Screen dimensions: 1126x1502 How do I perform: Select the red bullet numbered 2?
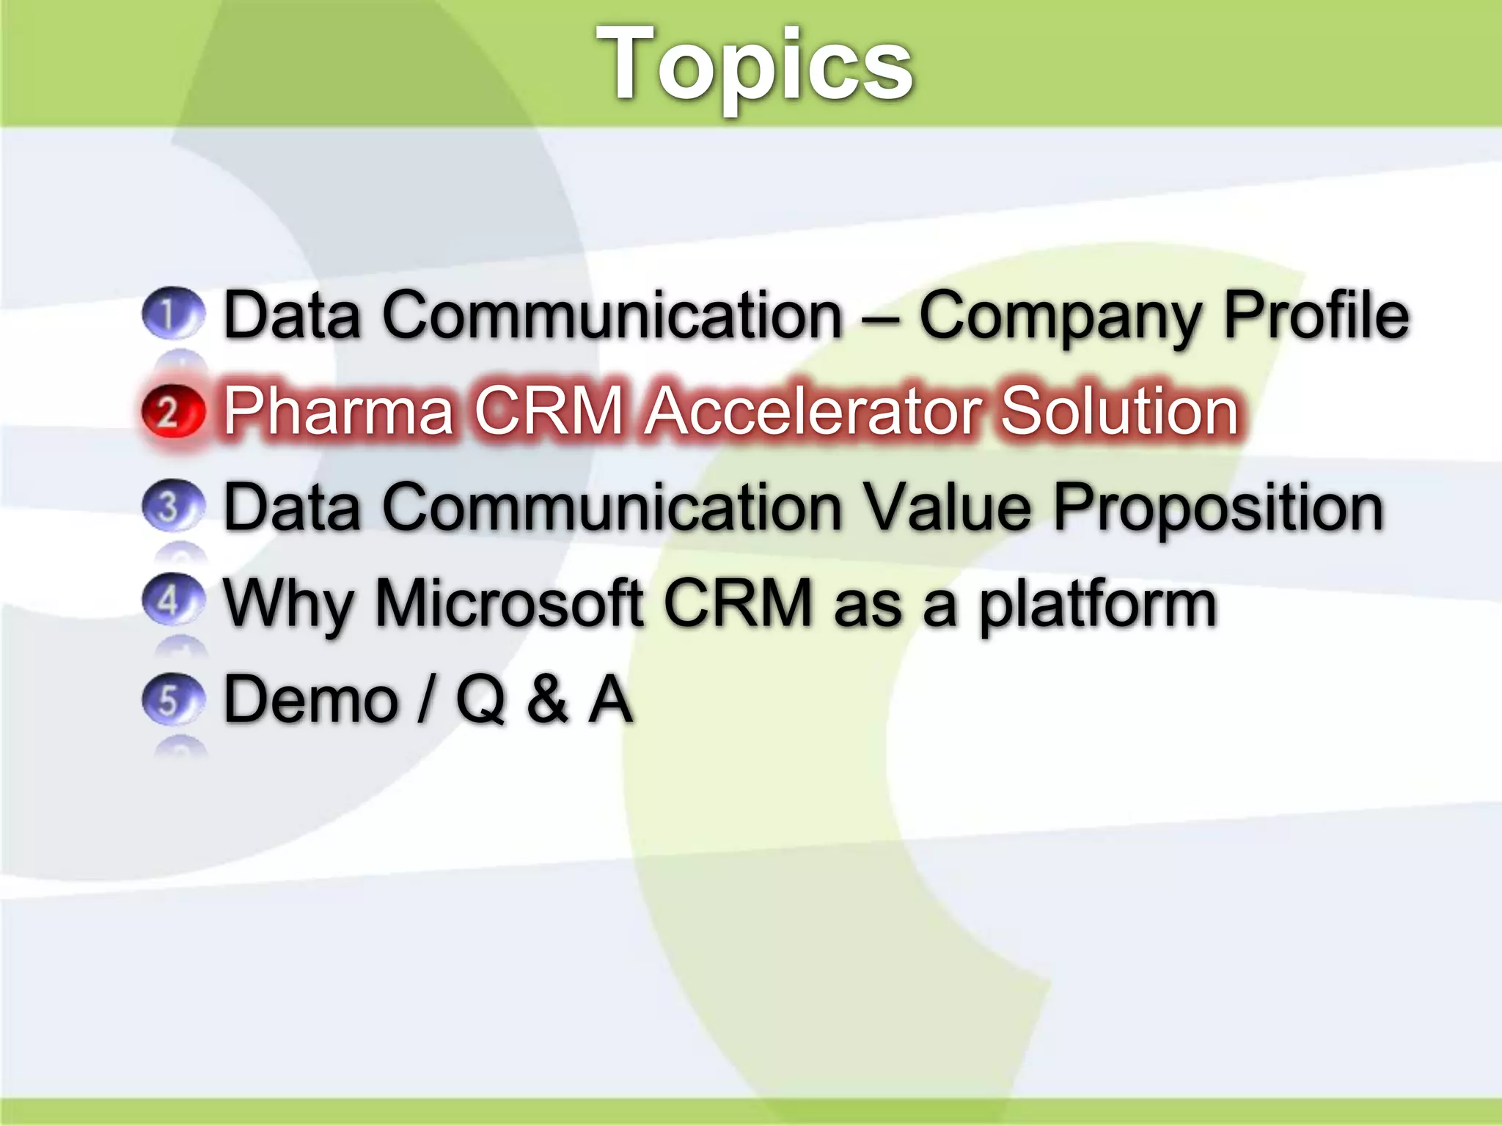coord(172,411)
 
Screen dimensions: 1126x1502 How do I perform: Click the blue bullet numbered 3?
coord(172,506)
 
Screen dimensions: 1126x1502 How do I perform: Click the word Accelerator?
coord(814,411)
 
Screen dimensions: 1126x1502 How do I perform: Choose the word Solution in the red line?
coord(1120,411)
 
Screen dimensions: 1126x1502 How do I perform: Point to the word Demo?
coord(311,700)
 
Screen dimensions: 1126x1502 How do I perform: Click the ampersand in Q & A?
coord(547,700)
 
